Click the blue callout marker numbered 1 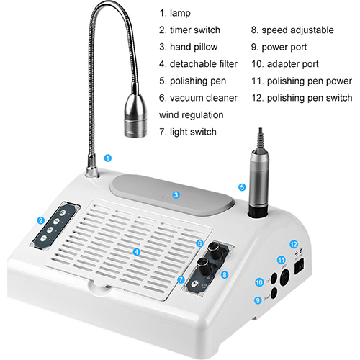click(108, 158)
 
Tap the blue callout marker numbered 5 click(242, 187)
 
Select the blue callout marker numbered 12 click(294, 244)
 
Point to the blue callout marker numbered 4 click(137, 252)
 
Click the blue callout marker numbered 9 click(258, 300)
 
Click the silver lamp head click(135, 115)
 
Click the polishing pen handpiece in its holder click(258, 182)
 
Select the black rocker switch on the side click(300, 266)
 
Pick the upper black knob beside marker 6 click(214, 250)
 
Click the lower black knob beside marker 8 click(203, 266)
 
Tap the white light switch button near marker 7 click(194, 284)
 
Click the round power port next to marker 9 click(274, 294)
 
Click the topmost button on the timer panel click(63, 212)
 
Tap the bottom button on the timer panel click(43, 238)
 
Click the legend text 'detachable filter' click(204, 64)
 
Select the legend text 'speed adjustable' click(297, 30)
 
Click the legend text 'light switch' click(193, 132)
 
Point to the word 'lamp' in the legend click(180, 14)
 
